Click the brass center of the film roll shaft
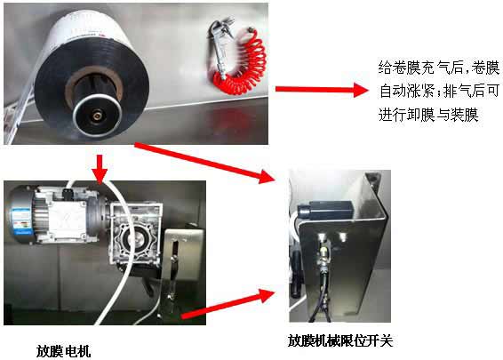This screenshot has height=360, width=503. tap(97, 115)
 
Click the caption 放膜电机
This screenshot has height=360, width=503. tap(63, 351)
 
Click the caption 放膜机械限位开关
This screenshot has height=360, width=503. tap(340, 340)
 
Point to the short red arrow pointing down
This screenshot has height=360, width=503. tap(100, 169)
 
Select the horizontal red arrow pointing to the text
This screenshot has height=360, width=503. tap(322, 90)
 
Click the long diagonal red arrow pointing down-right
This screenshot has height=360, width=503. tap(204, 163)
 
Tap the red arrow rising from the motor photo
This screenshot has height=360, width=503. tap(228, 303)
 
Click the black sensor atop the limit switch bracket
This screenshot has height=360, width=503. tap(324, 210)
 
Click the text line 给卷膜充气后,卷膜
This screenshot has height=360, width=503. tap(439, 68)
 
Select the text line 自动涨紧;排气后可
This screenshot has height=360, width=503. tap(439, 91)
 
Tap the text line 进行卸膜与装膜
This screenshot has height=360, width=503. tap(428, 115)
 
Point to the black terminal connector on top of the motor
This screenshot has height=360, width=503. tap(68, 193)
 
